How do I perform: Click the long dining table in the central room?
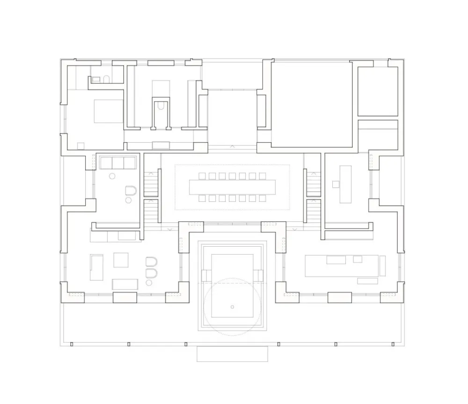[233, 187]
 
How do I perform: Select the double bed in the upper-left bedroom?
[109, 111]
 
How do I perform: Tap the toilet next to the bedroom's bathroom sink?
[106, 79]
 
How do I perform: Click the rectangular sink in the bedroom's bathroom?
[96, 80]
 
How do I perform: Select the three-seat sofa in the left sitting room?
[118, 163]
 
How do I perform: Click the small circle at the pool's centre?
[232, 307]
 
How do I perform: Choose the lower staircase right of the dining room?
[314, 212]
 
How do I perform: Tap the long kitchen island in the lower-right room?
[342, 265]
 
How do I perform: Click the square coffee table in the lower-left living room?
[121, 260]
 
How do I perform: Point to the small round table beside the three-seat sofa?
[112, 176]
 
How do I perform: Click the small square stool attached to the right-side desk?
[336, 185]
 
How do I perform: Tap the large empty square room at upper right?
[312, 104]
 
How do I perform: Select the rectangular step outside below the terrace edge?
[232, 354]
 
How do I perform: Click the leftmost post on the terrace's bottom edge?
[72, 344]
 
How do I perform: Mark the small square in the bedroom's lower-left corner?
[80, 146]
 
